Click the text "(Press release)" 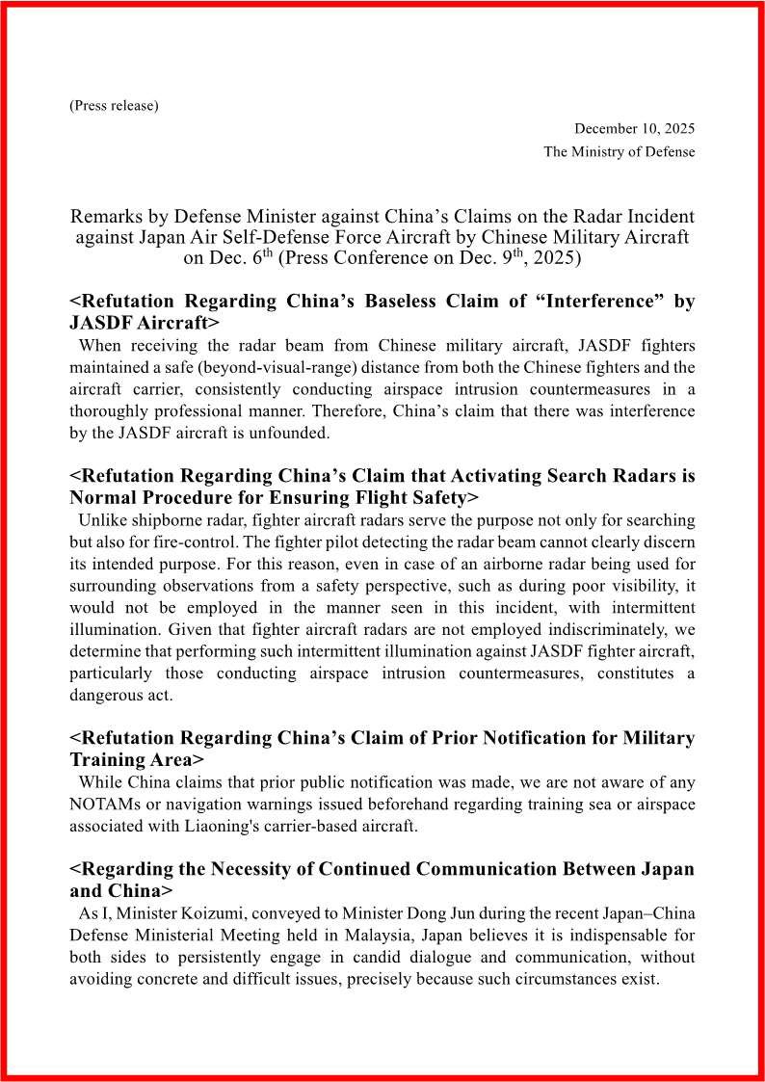coord(114,105)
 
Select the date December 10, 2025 coord(634,128)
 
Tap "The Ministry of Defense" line coord(619,151)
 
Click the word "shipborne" coord(170,520)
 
